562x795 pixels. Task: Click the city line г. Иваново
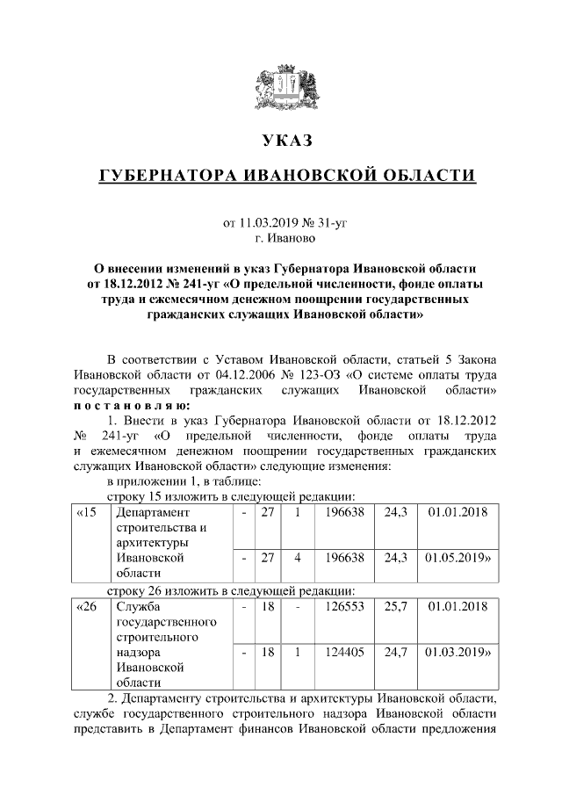point(286,237)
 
